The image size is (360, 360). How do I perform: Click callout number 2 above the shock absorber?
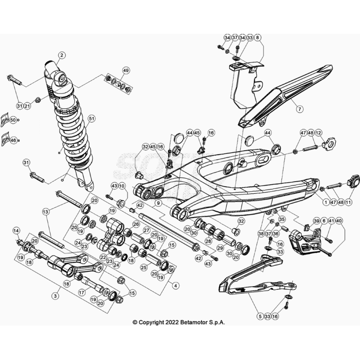(x=62, y=55)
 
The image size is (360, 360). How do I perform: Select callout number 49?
(x=126, y=70)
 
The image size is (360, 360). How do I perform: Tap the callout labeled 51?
(x=92, y=119)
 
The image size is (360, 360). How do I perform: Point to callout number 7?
(x=299, y=109)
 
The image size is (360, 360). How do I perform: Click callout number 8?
(x=258, y=37)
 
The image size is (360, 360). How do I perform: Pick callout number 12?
(x=319, y=133)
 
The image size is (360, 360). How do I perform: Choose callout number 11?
(x=348, y=202)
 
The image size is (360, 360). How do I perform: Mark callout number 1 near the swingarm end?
(x=326, y=202)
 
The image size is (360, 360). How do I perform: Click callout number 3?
(x=55, y=296)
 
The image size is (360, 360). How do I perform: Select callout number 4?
(x=175, y=286)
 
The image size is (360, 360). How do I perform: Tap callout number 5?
(x=260, y=316)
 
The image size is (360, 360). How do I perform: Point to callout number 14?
(x=16, y=230)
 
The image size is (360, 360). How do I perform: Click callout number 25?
(x=144, y=267)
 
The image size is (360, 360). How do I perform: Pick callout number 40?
(x=339, y=220)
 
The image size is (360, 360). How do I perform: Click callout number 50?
(x=13, y=120)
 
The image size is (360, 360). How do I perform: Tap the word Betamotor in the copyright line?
(x=193, y=322)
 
